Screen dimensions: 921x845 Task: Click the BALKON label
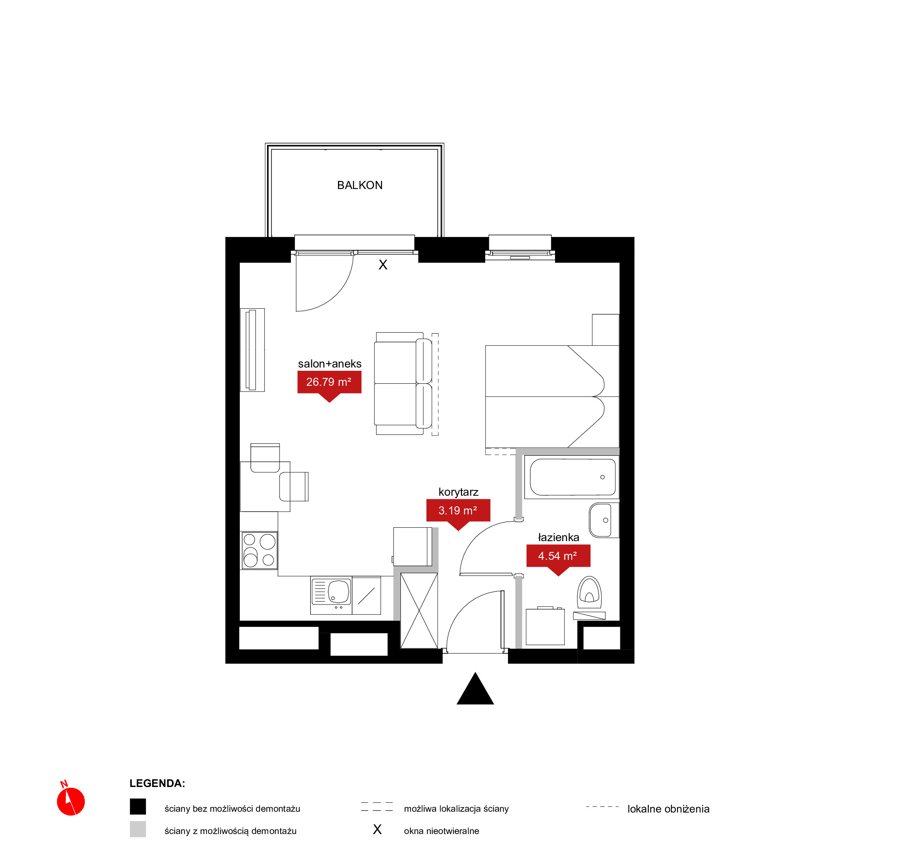click(359, 185)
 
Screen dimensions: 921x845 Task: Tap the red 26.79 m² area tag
click(329, 385)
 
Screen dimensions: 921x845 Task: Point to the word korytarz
click(458, 492)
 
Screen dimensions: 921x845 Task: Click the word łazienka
click(558, 537)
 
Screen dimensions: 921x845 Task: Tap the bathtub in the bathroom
click(572, 477)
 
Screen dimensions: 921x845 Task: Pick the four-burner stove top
click(259, 550)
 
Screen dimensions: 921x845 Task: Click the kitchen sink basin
click(338, 592)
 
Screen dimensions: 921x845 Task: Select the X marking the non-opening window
click(383, 265)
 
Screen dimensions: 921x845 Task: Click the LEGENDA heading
click(157, 783)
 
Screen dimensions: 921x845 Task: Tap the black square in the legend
click(138, 806)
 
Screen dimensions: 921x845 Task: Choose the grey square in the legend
click(138, 829)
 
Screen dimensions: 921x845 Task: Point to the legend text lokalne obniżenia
click(668, 809)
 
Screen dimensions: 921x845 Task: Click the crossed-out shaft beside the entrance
click(419, 611)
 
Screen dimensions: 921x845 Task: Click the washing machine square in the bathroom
click(545, 626)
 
